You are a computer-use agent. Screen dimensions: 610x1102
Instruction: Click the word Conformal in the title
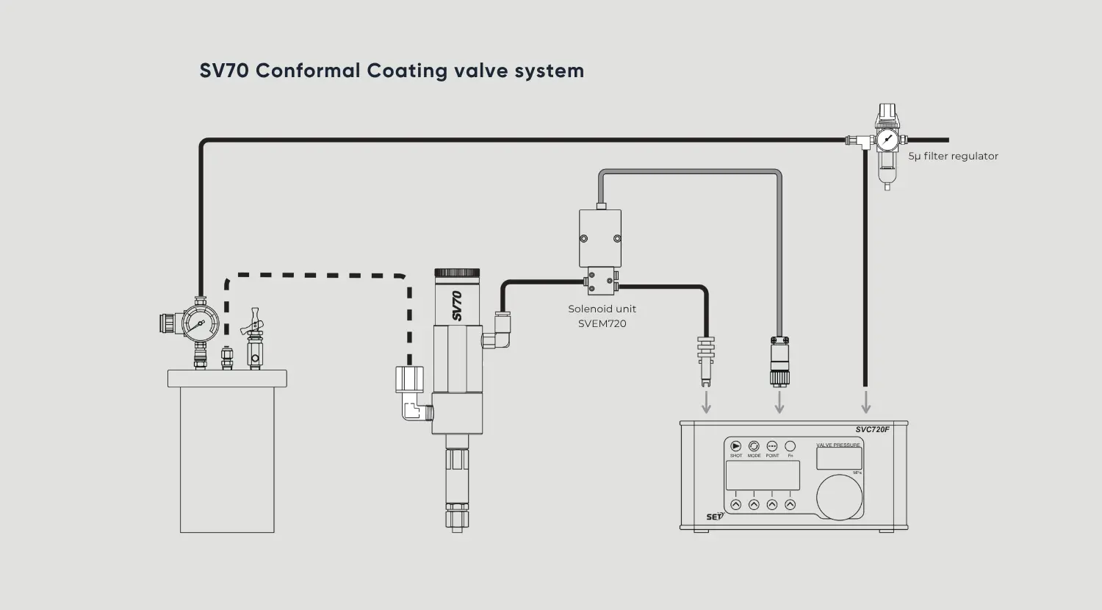[x=308, y=71]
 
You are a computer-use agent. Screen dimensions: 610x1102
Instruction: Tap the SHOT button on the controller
[x=735, y=446]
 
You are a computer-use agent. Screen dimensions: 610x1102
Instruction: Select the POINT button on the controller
[x=772, y=446]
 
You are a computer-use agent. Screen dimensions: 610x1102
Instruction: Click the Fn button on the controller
[x=791, y=446]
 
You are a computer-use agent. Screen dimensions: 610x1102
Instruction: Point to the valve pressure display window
[x=839, y=459]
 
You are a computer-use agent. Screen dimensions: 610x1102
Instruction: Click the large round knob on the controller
[x=839, y=497]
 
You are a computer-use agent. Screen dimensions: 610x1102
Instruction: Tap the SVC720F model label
[x=872, y=429]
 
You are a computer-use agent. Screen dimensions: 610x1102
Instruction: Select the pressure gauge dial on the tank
[x=200, y=323]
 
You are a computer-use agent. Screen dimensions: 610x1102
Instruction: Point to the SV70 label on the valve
[x=457, y=306]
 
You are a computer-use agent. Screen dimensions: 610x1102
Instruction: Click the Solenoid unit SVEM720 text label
[x=602, y=316]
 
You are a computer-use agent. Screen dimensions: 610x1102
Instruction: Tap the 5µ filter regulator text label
[x=953, y=156]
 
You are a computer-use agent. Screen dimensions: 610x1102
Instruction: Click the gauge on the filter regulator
[x=887, y=140]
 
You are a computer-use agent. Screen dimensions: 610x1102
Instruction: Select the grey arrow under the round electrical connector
[x=779, y=402]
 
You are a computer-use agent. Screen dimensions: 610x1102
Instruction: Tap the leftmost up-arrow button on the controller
[x=735, y=505]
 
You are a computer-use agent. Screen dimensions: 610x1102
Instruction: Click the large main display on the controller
[x=763, y=476]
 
